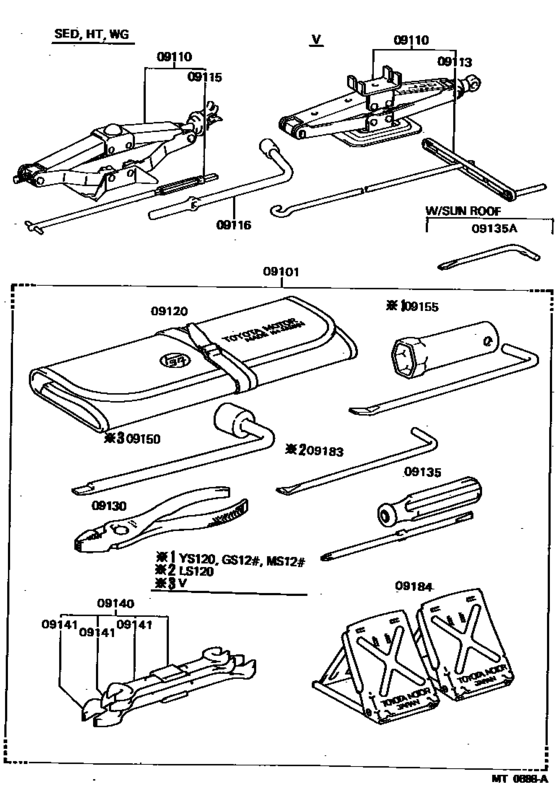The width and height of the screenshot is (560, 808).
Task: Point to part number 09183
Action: coord(322,451)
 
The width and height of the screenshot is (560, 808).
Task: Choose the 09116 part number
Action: coord(233,225)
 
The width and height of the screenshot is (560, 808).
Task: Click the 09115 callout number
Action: coord(204,75)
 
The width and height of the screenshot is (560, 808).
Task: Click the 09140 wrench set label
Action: coord(117,604)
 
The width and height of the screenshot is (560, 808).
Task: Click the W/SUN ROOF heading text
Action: coord(461,212)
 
